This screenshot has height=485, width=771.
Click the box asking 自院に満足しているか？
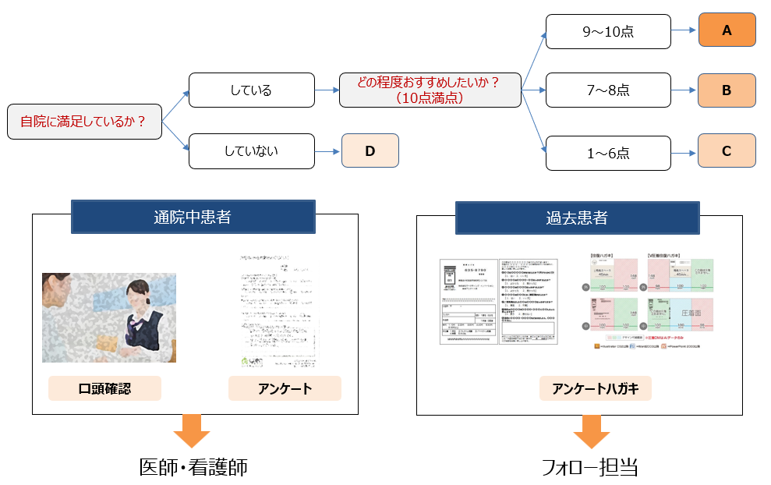tap(84, 122)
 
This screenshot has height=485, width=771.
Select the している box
tap(251, 90)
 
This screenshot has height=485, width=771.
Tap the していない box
tap(251, 150)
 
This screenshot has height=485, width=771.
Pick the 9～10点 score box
tap(607, 31)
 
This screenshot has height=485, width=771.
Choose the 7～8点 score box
tap(607, 90)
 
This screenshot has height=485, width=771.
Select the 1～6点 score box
tap(607, 153)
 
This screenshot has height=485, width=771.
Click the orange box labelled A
tap(727, 30)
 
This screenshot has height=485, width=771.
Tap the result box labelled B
tap(727, 90)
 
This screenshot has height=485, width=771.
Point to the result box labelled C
tap(727, 151)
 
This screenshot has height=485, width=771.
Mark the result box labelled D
tap(370, 150)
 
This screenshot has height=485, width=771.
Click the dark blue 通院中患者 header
tap(193, 217)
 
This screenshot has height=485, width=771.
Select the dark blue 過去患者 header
tap(578, 217)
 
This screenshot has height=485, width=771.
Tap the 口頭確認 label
tap(104, 388)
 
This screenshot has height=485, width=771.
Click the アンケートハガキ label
tap(595, 388)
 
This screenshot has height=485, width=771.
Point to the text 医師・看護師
tap(193, 467)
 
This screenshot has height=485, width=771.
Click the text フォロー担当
tap(590, 467)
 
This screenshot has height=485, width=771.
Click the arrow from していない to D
tap(327, 150)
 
